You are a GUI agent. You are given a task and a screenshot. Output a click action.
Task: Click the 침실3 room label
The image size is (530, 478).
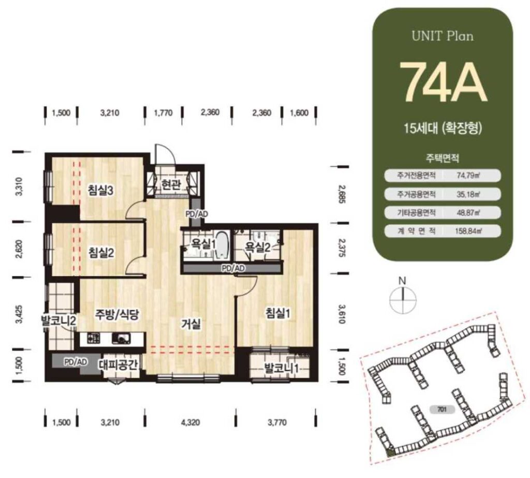[x=100, y=191]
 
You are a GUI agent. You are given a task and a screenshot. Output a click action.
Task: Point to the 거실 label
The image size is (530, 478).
[x=192, y=324]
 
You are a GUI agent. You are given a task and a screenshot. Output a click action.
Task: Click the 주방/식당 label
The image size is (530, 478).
[x=116, y=314]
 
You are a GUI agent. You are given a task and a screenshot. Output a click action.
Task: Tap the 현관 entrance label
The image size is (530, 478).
[x=171, y=184]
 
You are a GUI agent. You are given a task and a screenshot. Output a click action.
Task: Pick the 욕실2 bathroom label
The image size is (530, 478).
[x=258, y=248]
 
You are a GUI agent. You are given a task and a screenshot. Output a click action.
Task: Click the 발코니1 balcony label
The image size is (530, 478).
[x=281, y=369]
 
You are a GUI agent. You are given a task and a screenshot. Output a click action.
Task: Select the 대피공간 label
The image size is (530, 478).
[x=119, y=365]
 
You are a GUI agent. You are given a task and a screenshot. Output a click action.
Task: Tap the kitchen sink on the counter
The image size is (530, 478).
[x=121, y=338]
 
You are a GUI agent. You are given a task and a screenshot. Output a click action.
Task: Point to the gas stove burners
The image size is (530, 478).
[x=94, y=338]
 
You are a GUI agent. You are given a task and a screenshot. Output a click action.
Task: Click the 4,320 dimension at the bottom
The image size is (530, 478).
[x=191, y=423]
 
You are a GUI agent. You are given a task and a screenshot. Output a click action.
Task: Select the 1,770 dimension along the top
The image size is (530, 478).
[x=163, y=113]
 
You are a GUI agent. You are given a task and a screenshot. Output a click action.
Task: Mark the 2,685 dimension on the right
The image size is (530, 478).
[x=342, y=195]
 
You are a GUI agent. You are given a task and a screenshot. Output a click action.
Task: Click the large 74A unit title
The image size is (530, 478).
[x=443, y=82]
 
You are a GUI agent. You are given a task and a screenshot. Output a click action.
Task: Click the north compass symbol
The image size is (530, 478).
[x=402, y=297]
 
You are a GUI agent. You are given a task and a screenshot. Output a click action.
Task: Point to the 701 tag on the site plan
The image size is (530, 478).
[x=442, y=410]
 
